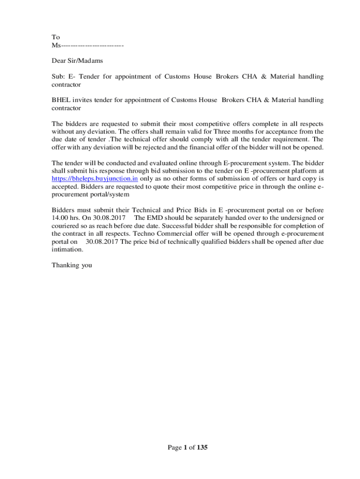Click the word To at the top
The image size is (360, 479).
coord(56,37)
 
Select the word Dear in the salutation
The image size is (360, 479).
coord(59,60)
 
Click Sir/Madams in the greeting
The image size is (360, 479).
coord(86,60)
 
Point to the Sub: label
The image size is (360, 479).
coord(58,76)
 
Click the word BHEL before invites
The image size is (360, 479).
coord(60,100)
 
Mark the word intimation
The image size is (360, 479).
coord(67,249)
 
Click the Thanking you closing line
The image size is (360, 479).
coord(72,265)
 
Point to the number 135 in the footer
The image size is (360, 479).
coord(202,448)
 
